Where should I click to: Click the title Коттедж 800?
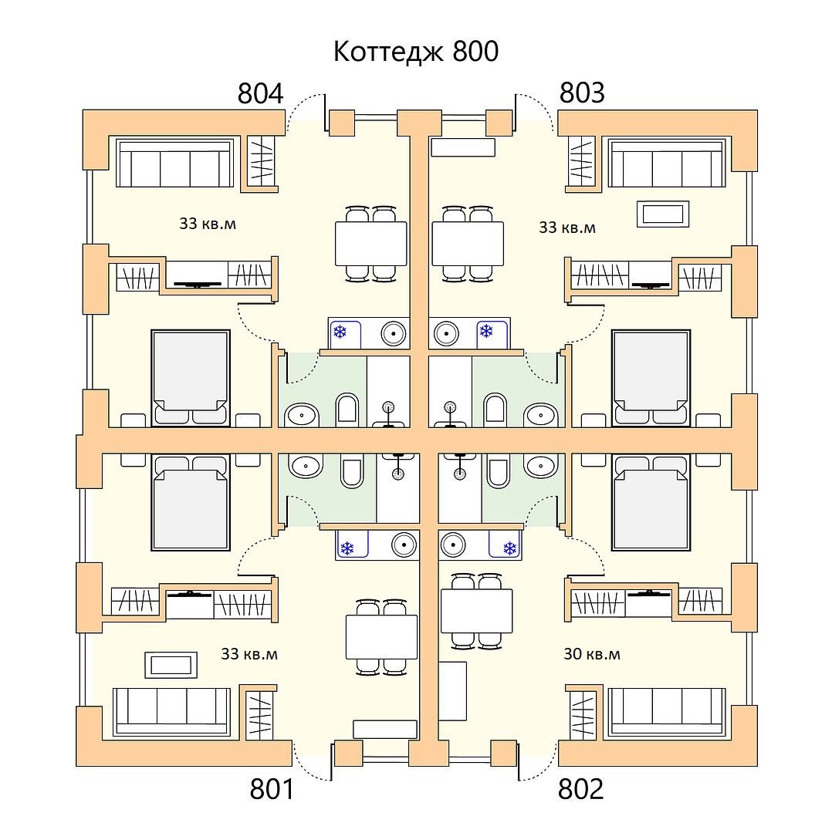click(x=416, y=52)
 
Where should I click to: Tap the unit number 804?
click(x=261, y=93)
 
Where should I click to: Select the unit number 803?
click(x=582, y=93)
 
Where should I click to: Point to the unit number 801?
click(x=272, y=789)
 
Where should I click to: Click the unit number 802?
click(x=581, y=789)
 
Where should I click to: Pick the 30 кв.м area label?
click(x=592, y=653)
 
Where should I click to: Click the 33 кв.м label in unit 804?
click(x=208, y=224)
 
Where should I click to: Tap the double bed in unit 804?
click(x=191, y=378)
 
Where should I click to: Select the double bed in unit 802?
click(x=651, y=502)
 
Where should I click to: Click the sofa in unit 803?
click(x=667, y=163)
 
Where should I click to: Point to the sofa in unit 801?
click(x=171, y=713)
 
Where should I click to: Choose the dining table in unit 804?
click(x=371, y=243)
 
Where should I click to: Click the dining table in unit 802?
click(x=477, y=611)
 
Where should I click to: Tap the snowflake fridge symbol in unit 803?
click(x=486, y=332)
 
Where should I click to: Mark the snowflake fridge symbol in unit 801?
click(x=347, y=548)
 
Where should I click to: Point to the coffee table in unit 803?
click(x=662, y=214)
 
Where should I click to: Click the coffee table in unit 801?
click(x=171, y=665)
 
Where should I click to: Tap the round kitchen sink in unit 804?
click(x=394, y=334)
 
